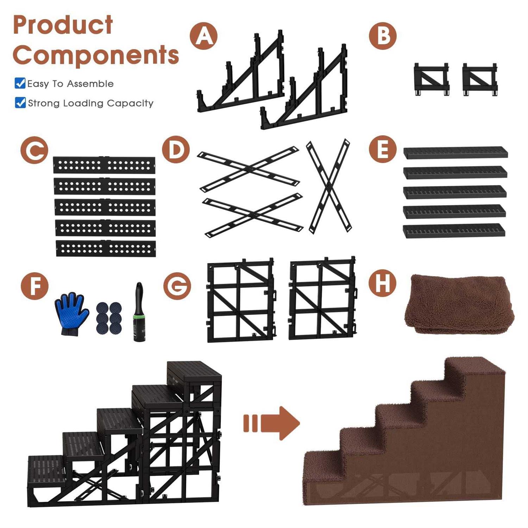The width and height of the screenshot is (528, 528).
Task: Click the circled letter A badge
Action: [204, 36]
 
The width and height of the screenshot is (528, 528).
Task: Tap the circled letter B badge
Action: [383, 36]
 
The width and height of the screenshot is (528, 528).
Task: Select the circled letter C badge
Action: [34, 150]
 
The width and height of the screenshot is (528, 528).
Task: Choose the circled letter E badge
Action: [383, 149]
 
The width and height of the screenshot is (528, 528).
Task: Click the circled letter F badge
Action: [34, 286]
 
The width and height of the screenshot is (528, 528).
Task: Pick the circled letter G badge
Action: [177, 286]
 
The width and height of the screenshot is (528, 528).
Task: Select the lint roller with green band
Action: [139, 312]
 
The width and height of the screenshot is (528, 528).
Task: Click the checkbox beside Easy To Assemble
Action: [20, 83]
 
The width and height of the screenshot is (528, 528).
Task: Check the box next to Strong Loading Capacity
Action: [20, 102]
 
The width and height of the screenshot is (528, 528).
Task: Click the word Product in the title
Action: [63, 25]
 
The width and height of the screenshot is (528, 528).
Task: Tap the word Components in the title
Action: [96, 55]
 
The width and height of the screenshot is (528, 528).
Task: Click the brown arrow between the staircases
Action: [271, 423]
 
